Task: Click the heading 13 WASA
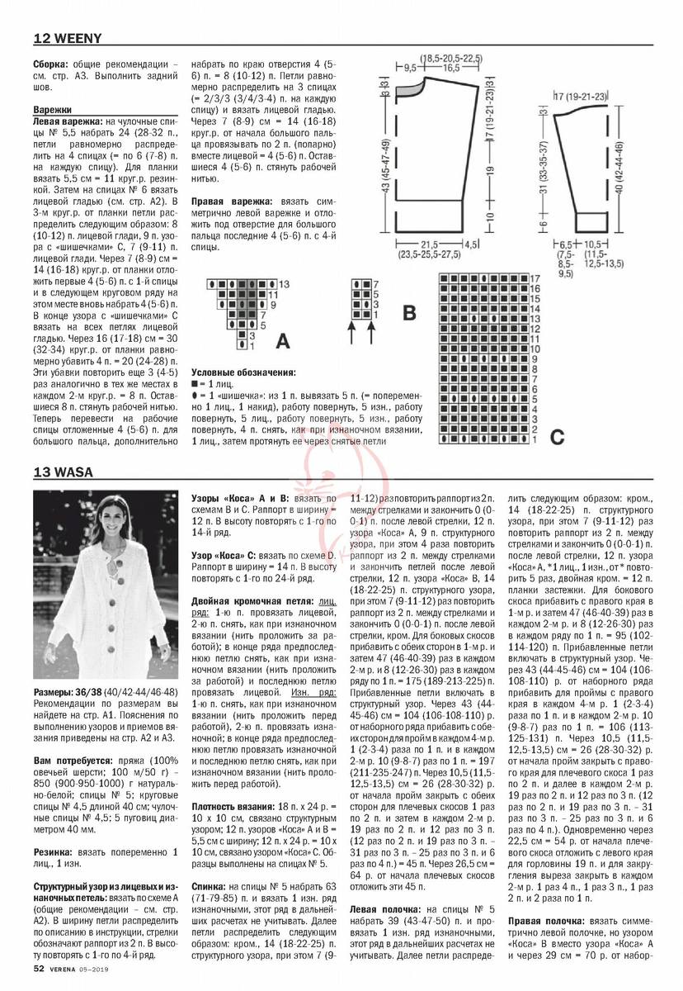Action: [63, 473]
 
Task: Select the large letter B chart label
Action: [408, 314]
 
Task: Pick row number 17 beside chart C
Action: [535, 277]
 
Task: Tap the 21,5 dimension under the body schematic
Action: [429, 245]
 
